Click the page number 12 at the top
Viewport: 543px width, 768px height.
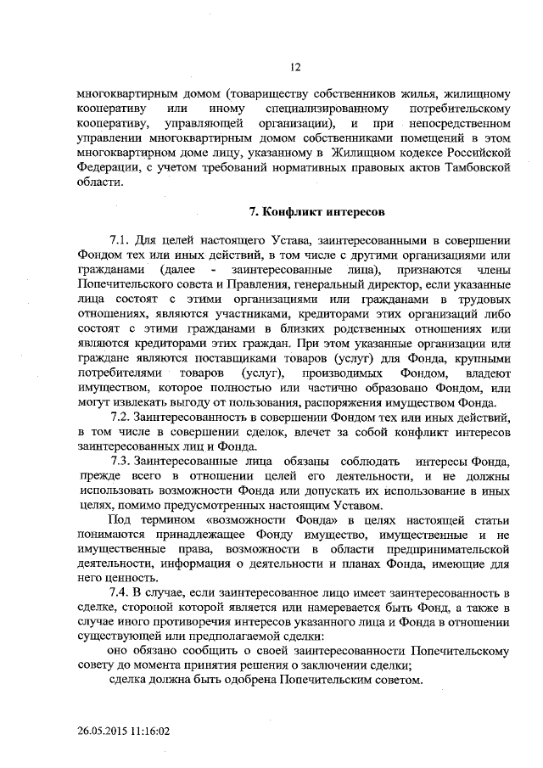click(296, 66)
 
